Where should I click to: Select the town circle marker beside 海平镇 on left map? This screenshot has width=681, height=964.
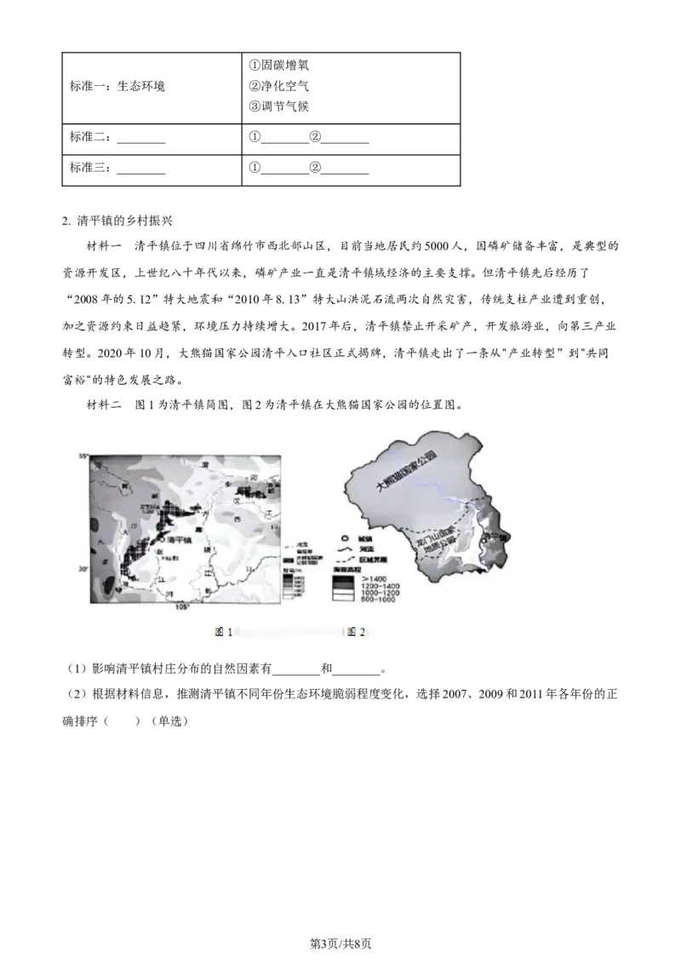160,539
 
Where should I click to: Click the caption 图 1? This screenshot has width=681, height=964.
224,632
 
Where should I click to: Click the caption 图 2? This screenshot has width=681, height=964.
357,632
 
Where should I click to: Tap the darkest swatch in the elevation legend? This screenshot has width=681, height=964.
344,579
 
